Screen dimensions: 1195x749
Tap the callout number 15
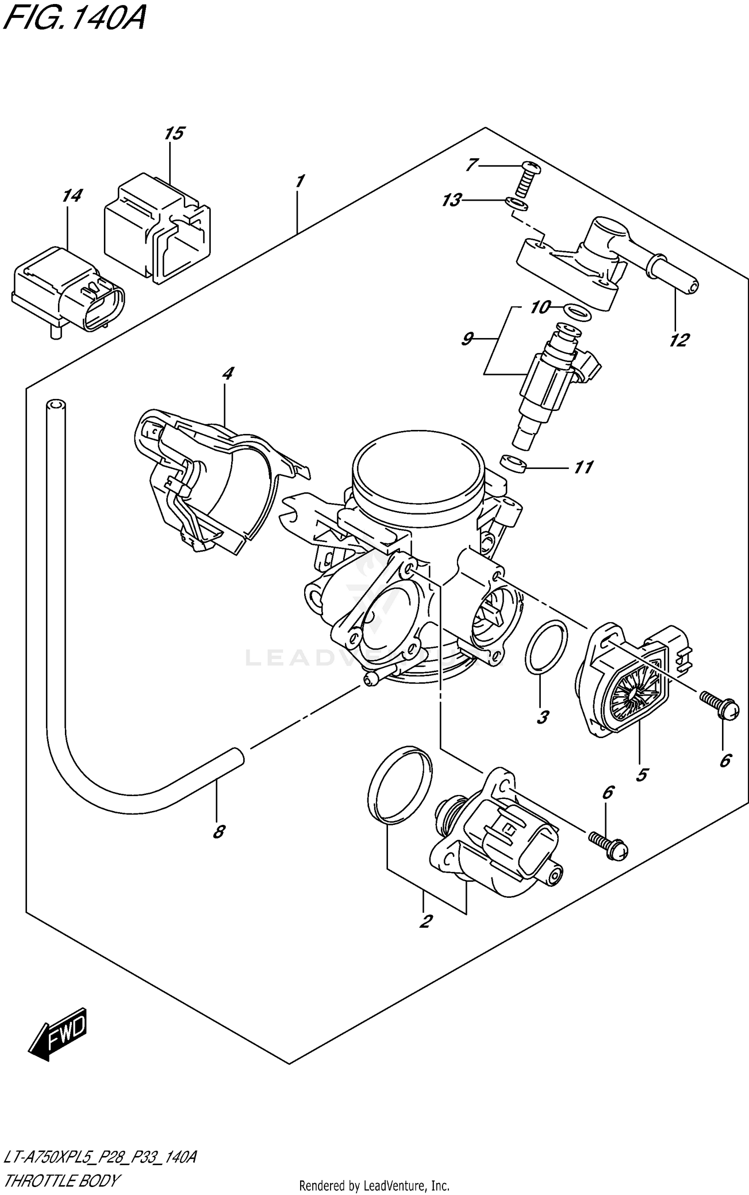174,133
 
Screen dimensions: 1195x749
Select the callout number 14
72,196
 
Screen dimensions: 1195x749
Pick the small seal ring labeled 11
515,464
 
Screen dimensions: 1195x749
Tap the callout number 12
679,341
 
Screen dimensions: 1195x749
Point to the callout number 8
219,832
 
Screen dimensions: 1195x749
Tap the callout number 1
300,181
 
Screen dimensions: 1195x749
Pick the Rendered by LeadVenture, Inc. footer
374,1186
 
